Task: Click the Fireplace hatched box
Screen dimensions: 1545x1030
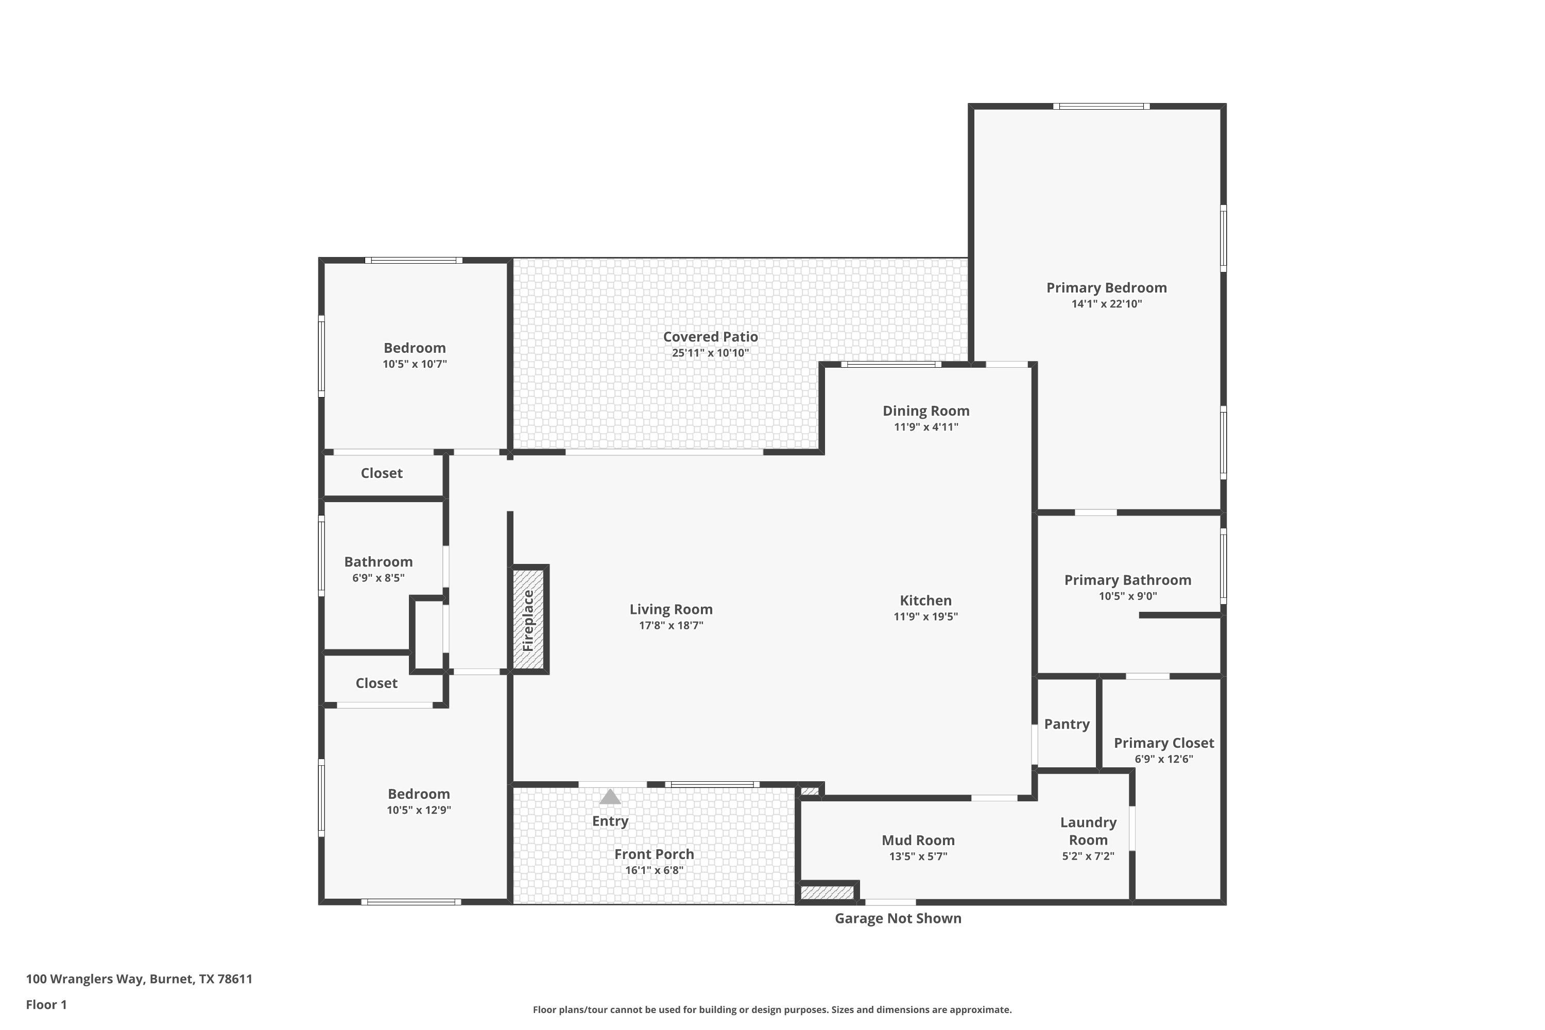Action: tap(529, 620)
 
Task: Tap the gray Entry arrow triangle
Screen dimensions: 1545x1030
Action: tap(610, 797)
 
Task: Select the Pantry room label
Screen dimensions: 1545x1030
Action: tap(1067, 724)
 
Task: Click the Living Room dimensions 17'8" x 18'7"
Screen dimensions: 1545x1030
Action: tap(671, 625)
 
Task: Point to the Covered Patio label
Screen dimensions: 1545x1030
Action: tap(710, 337)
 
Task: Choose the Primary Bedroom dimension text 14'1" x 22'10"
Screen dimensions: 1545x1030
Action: tap(1107, 303)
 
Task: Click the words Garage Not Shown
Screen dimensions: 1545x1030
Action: tap(898, 918)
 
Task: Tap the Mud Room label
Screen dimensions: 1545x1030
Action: tap(918, 840)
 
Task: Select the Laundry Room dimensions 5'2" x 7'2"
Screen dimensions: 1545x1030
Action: tap(1088, 856)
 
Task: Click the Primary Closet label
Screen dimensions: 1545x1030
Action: tap(1164, 743)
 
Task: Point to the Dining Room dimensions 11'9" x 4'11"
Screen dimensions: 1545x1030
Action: tap(926, 427)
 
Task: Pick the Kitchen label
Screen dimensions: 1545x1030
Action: tap(925, 600)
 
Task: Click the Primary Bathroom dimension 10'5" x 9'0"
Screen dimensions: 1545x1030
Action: tap(1128, 596)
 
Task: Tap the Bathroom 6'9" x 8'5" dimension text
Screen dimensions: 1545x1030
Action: tap(379, 578)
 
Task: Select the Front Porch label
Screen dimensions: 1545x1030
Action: tap(654, 854)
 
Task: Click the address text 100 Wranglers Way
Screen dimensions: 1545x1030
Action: tap(85, 979)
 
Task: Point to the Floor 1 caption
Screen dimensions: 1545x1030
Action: tap(47, 1004)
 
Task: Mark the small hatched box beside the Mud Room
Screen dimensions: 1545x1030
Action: tap(827, 892)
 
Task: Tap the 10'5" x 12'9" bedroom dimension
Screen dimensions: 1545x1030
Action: tap(418, 810)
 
